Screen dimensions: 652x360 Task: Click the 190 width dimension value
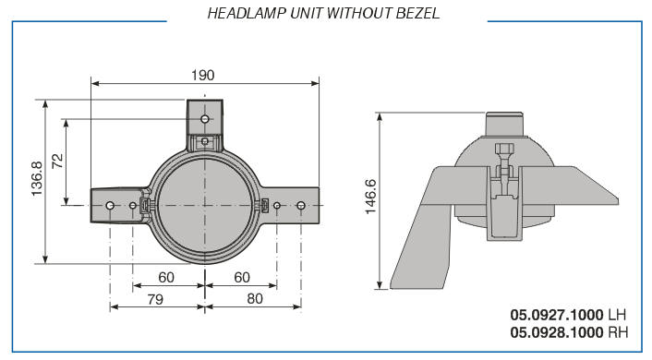pyautogui.click(x=203, y=76)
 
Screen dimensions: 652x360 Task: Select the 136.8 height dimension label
pyautogui.click(x=37, y=179)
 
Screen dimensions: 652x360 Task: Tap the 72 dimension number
pyautogui.click(x=58, y=161)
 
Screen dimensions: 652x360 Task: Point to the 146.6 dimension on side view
pyautogui.click(x=370, y=197)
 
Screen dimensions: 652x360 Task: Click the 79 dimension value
pyautogui.click(x=155, y=299)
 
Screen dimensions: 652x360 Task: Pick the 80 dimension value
pyautogui.click(x=255, y=298)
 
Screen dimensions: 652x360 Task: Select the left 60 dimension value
pyautogui.click(x=166, y=277)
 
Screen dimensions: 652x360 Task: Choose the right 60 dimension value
pyautogui.click(x=242, y=277)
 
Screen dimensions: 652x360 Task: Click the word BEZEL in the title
pyautogui.click(x=417, y=13)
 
